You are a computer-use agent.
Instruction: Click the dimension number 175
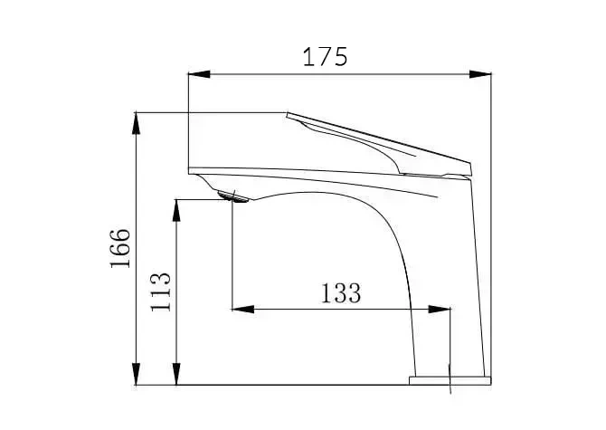pyautogui.click(x=325, y=57)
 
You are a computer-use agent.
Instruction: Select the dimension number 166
pyautogui.click(x=120, y=248)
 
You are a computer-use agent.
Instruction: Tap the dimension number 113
pyautogui.click(x=160, y=291)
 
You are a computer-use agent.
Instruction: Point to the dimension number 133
pyautogui.click(x=341, y=293)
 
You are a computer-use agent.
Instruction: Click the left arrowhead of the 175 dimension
pyautogui.click(x=199, y=74)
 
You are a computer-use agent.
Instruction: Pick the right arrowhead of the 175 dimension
pyautogui.click(x=480, y=74)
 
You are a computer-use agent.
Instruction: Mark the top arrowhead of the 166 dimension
pyautogui.click(x=136, y=123)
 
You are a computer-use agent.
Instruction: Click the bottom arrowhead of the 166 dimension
pyautogui.click(x=136, y=374)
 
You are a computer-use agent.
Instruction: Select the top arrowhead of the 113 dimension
pyautogui.click(x=176, y=210)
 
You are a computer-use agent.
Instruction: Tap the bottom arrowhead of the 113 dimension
pyautogui.click(x=176, y=374)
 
